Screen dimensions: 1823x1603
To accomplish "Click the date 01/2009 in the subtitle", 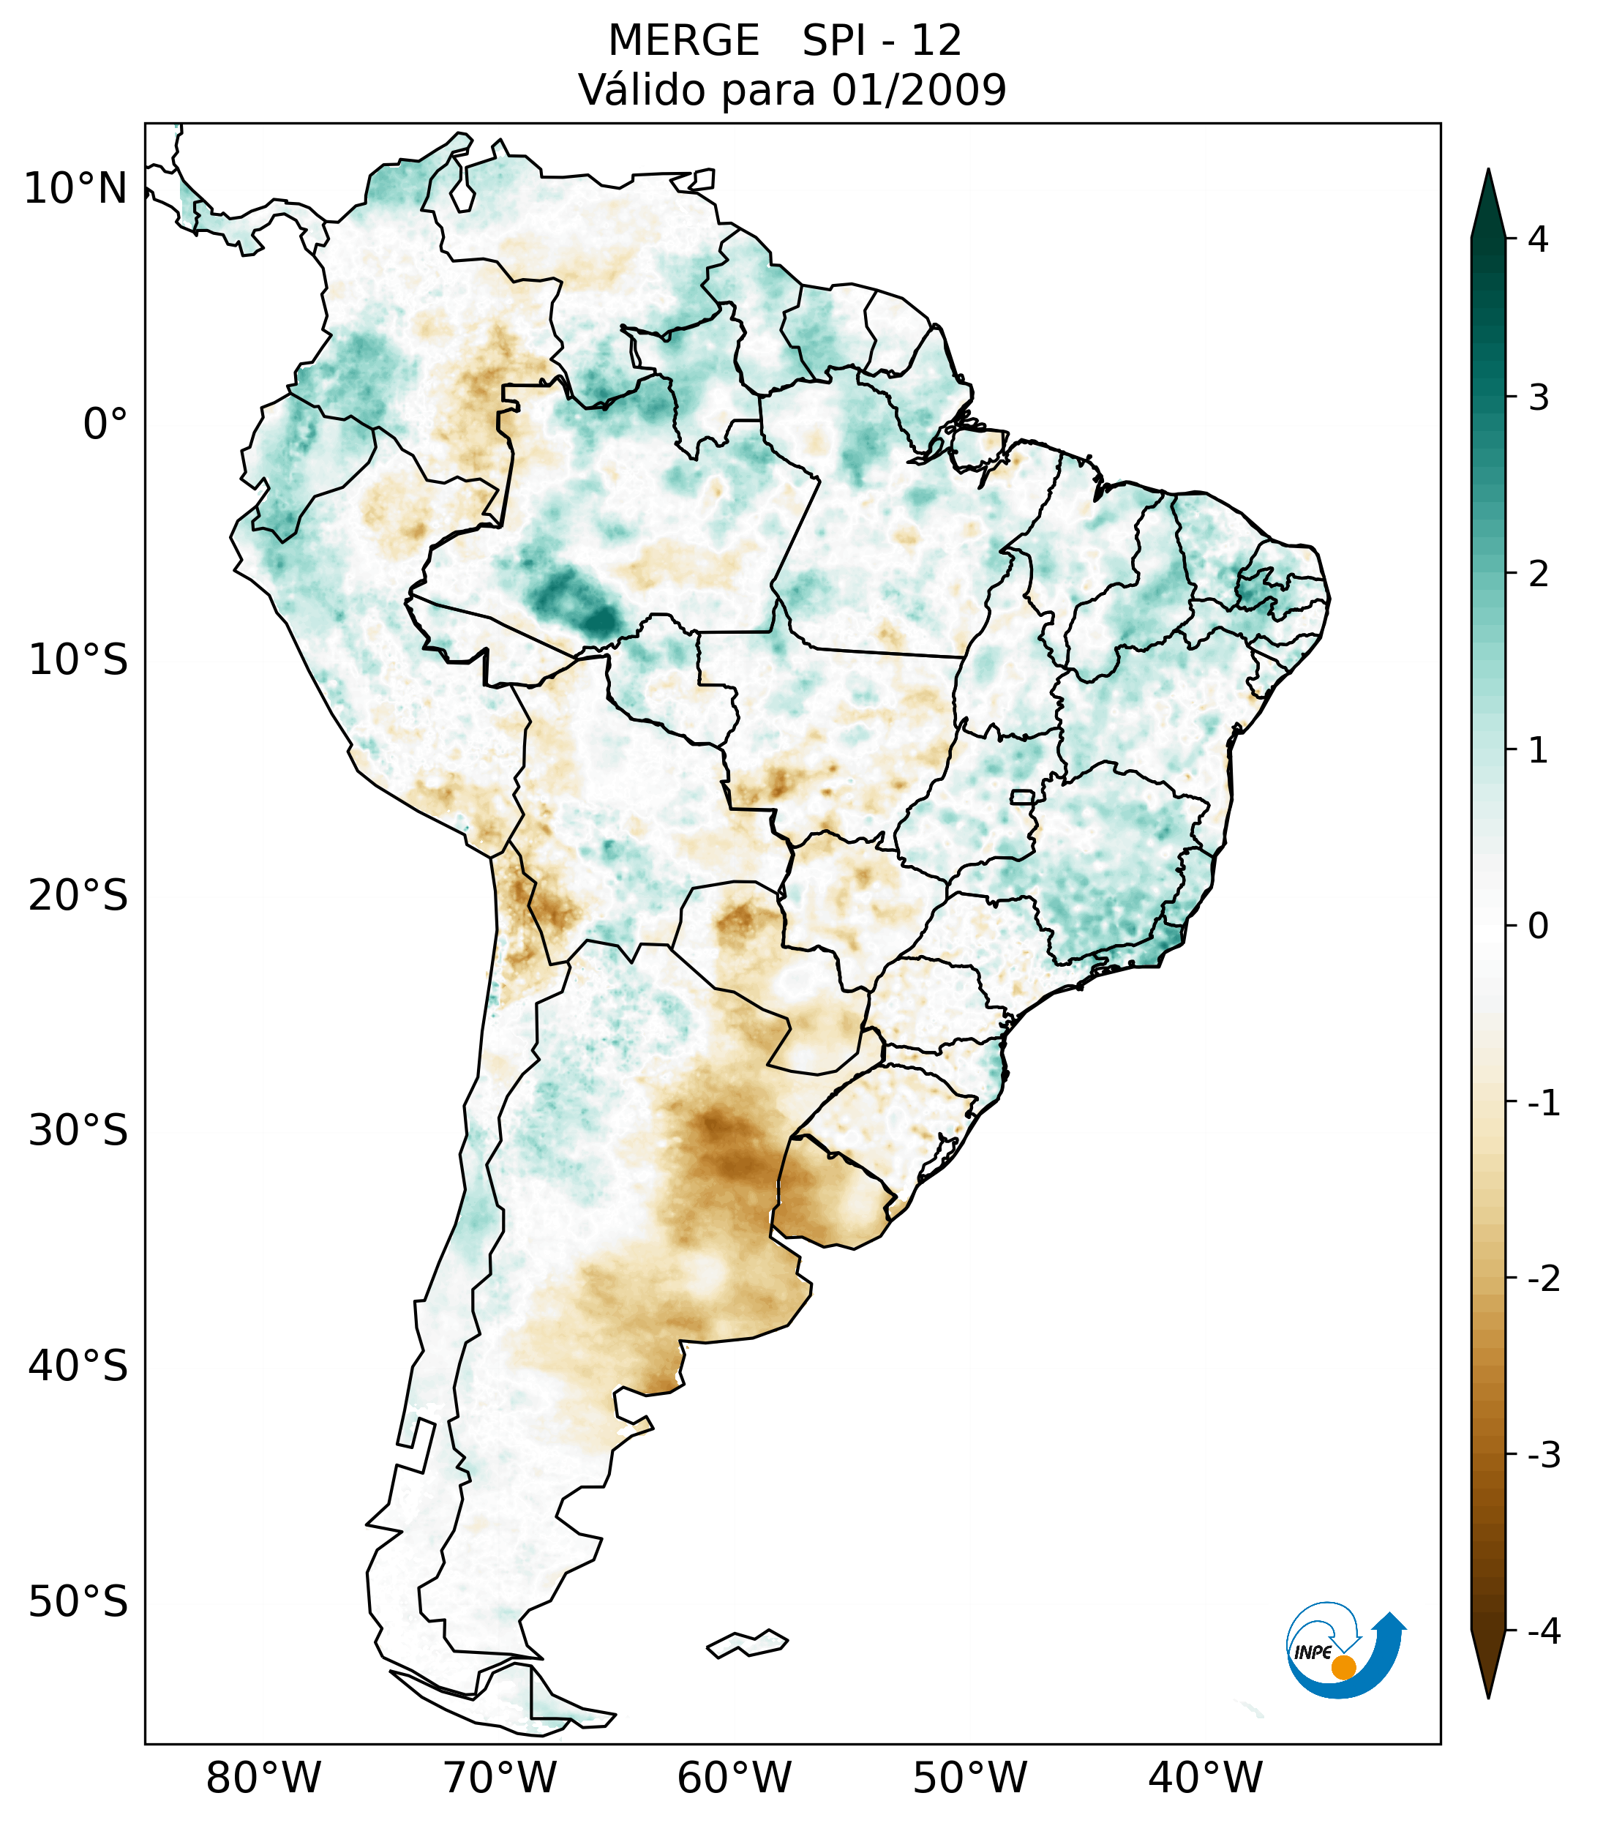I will (x=918, y=90).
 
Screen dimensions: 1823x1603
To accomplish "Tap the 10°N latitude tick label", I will (x=75, y=189).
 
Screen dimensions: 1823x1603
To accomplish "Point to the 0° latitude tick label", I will (x=105, y=424).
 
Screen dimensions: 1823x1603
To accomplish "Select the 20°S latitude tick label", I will (x=78, y=896).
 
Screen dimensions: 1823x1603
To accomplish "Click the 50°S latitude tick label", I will (x=78, y=1603).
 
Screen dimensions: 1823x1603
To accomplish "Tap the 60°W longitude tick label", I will (x=734, y=1778).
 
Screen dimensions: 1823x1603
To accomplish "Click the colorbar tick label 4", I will (x=1538, y=239).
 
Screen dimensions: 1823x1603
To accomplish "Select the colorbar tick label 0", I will (x=1538, y=927).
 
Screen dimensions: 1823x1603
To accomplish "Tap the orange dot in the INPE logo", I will (x=1343, y=1667).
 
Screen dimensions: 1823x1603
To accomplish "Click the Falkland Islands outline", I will (x=747, y=1644).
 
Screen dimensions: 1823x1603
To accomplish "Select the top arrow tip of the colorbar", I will (x=1488, y=172).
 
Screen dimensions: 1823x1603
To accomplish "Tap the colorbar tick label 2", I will (x=1538, y=574).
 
